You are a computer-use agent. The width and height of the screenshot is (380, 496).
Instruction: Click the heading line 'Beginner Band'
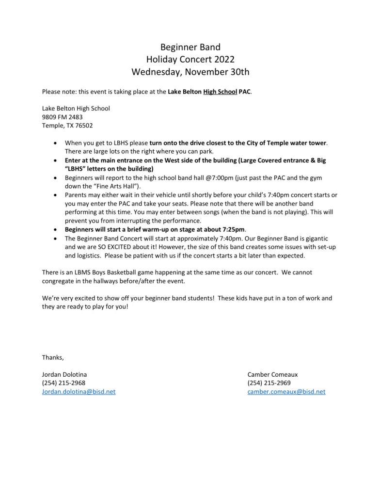[x=190, y=47]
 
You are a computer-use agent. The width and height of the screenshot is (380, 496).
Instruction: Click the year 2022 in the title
[x=222, y=60]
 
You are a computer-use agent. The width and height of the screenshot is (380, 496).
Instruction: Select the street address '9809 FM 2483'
[x=61, y=117]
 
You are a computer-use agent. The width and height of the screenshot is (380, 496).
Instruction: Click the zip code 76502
[x=84, y=125]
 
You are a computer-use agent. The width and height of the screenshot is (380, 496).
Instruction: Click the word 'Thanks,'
[x=53, y=357]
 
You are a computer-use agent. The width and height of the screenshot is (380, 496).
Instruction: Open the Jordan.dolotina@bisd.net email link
[x=79, y=392]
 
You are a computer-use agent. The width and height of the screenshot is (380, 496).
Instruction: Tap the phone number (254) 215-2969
[x=269, y=383]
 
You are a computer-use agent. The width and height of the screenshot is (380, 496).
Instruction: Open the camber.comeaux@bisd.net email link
[x=286, y=392]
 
